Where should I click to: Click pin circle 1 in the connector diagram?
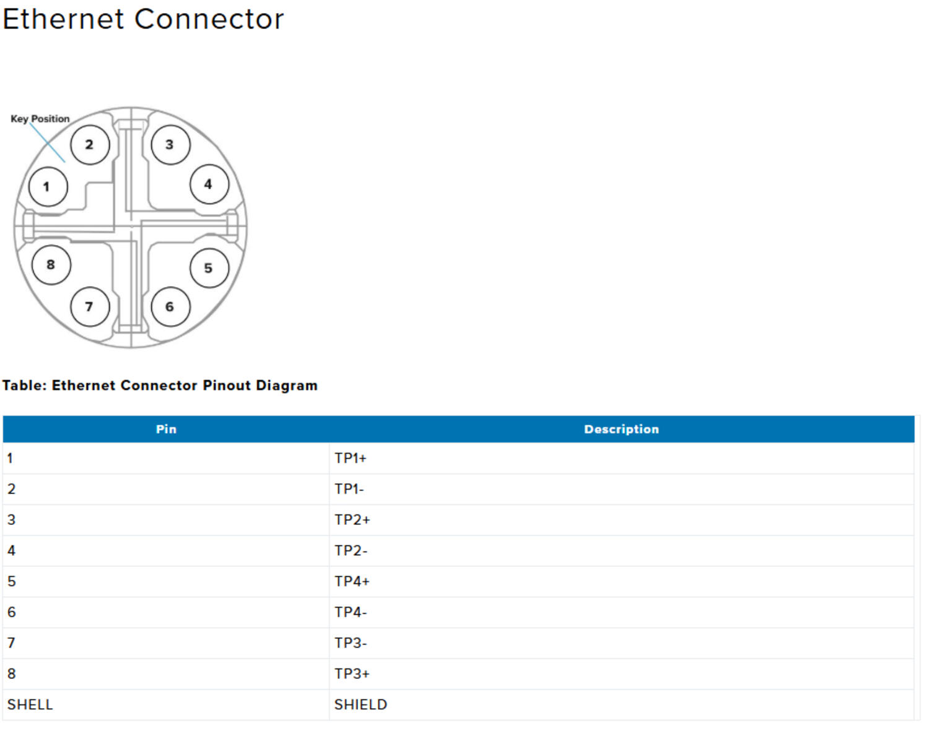coord(48,186)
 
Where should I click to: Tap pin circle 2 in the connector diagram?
coord(90,145)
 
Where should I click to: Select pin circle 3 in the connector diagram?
coord(170,145)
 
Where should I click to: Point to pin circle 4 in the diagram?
coord(209,184)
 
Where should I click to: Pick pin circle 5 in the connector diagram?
coord(209,268)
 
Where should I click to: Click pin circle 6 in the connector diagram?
coord(170,307)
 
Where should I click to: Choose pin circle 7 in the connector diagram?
coord(90,307)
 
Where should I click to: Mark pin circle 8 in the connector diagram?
coord(51,265)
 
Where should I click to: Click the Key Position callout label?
coord(40,119)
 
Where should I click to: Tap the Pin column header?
coord(166,430)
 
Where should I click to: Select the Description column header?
coord(621,430)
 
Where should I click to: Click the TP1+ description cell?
coord(351,459)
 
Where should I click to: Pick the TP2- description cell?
coord(351,551)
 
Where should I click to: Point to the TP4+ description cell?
coord(352,582)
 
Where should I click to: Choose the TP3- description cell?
coord(351,643)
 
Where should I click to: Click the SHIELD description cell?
coord(360,705)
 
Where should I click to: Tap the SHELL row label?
coord(30,705)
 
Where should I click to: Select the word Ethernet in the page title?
coord(64,19)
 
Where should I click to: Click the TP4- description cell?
coord(351,612)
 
